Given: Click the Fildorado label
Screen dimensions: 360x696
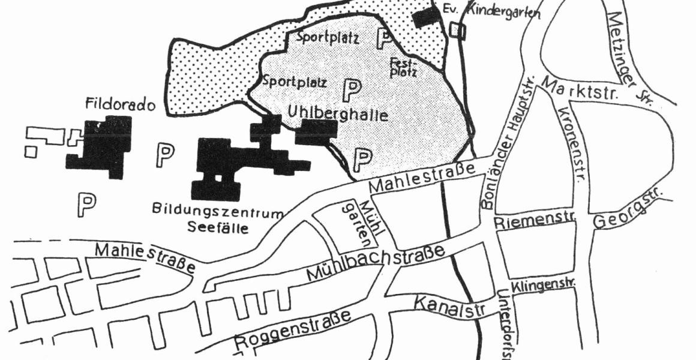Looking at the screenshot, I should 121,106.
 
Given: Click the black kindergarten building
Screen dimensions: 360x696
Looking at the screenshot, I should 427,16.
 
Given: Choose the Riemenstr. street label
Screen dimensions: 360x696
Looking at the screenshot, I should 535,221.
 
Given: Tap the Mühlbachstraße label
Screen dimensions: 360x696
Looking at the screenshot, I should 376,263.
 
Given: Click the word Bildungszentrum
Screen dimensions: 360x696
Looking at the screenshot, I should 217,212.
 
